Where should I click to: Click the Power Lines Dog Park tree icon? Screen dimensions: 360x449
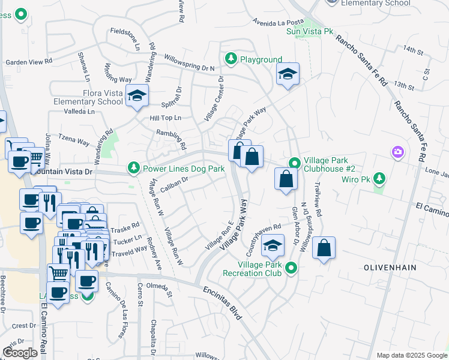click(133, 169)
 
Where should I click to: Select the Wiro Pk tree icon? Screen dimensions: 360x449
click(379, 178)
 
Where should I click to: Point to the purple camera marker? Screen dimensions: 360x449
click(397, 152)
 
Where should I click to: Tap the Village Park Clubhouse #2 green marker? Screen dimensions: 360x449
click(294, 163)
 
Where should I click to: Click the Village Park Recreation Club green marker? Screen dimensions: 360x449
click(292, 268)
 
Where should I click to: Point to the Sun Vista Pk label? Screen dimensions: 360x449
click(310, 31)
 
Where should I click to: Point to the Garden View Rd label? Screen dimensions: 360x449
click(29, 61)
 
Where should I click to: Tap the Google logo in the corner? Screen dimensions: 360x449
click(20, 353)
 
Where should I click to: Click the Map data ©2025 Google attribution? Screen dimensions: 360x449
click(411, 355)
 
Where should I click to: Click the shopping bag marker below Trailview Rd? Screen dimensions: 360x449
click(324, 248)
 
